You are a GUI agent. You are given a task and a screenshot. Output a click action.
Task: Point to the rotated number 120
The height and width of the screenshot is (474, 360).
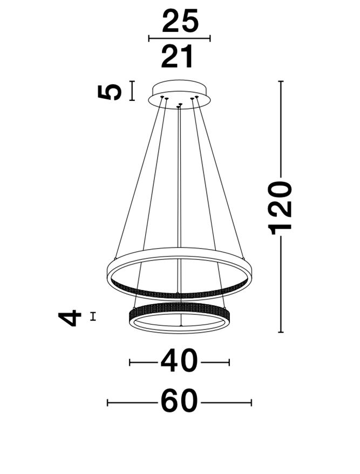281,207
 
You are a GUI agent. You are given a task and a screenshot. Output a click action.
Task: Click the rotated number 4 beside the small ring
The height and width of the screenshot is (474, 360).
71,318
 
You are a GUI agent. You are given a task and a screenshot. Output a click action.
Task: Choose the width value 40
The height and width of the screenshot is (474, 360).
179,362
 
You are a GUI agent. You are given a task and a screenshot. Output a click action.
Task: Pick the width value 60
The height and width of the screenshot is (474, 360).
179,402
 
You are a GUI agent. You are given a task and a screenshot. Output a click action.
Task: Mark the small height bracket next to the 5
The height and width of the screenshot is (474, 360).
132,91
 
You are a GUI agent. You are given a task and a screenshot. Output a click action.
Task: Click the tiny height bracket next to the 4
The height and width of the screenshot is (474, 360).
93,317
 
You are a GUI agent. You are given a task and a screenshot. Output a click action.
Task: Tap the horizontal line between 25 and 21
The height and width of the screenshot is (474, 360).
179,38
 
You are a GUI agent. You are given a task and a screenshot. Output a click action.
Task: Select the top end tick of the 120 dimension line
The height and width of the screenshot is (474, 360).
281,81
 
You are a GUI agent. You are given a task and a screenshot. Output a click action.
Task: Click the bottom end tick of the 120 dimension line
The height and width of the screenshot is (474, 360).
281,332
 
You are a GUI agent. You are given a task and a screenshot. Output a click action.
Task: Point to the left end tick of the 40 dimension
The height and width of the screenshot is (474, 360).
130,362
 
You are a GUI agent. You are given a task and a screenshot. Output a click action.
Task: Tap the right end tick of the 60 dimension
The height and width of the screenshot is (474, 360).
251,402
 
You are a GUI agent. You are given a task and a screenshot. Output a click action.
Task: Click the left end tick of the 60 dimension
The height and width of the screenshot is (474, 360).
107,402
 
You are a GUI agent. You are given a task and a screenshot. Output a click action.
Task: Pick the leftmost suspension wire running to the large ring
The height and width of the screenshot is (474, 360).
138,178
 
